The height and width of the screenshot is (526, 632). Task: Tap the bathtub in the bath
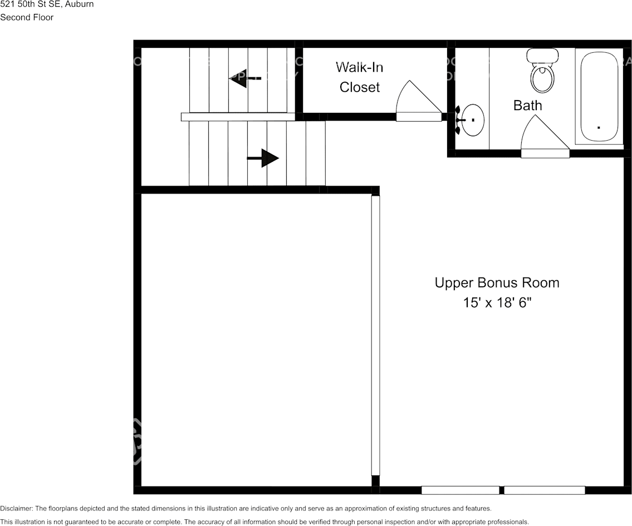coord(599,97)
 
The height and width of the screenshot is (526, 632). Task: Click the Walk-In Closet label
coord(360,77)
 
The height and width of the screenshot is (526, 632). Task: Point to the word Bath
coord(527,105)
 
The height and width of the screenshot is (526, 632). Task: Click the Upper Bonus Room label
coord(497,282)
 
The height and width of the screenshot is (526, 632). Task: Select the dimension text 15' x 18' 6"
coord(497,303)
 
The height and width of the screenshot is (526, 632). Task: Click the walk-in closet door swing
coord(417,100)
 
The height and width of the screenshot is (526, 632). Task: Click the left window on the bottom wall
coord(460,490)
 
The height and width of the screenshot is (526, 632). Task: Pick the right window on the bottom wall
coord(544,490)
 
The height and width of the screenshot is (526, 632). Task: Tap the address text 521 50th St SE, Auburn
coord(47,4)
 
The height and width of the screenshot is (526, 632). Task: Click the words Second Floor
coord(27,17)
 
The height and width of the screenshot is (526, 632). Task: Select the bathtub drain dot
coord(599,127)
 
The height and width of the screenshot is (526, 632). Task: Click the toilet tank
coord(542,55)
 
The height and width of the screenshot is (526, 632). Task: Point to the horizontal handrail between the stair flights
coord(238,117)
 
